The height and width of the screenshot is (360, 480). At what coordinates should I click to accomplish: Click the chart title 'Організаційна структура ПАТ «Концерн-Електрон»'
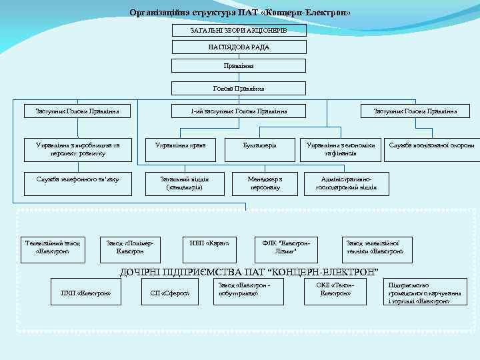[239, 13]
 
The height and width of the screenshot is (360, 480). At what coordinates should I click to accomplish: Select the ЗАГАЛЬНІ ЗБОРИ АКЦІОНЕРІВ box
[239, 31]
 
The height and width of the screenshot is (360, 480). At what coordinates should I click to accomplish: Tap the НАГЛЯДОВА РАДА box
[239, 47]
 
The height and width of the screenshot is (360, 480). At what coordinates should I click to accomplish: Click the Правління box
[239, 66]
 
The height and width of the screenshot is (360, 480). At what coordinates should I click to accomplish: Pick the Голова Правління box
[239, 89]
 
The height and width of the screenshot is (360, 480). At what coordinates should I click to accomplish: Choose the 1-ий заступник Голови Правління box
[239, 111]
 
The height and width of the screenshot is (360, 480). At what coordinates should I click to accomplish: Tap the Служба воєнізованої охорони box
[432, 145]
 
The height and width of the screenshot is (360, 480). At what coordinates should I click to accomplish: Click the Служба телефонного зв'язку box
[78, 179]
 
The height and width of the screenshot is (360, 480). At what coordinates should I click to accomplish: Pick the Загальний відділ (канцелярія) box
[185, 183]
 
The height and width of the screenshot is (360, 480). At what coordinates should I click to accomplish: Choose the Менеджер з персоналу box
[265, 183]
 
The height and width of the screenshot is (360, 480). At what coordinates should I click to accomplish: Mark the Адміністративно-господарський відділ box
[346, 183]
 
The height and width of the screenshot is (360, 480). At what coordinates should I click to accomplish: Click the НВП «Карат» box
[209, 243]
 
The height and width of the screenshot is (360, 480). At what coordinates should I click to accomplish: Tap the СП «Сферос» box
[170, 293]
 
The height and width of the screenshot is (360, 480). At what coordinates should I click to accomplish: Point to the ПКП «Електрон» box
[85, 293]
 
